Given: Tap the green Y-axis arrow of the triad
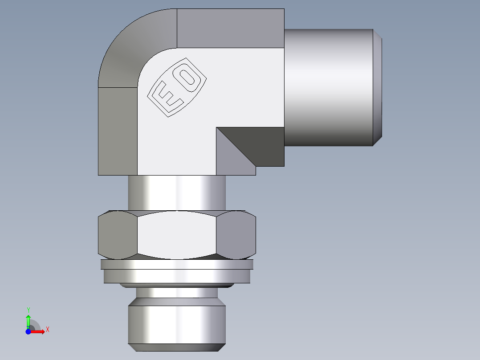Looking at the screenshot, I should tap(28, 320).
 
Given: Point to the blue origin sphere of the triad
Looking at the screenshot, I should tap(28, 331).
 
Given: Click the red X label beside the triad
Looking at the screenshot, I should tap(47, 330).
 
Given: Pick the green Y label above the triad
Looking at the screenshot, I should tap(28, 310).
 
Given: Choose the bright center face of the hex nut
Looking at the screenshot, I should tap(177, 235).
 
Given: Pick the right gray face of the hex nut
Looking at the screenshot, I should tap(236, 235).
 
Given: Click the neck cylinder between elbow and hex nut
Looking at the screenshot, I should tap(177, 192).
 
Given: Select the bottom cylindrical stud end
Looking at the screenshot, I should tap(177, 324).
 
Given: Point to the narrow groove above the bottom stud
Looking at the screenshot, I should tap(177, 293).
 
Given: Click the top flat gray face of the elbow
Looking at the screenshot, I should tap(231, 28).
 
